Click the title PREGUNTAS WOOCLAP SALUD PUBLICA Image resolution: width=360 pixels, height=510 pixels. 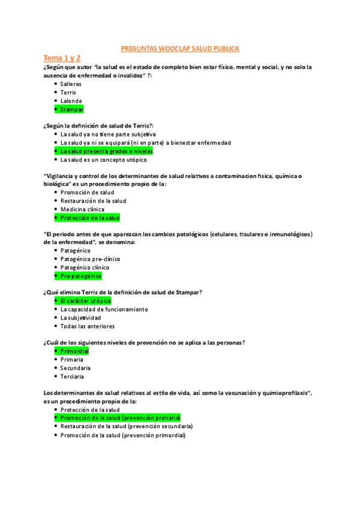coord(180,48)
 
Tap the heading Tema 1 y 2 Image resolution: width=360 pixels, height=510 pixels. coord(61,58)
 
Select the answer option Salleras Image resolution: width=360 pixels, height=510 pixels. coord(71,84)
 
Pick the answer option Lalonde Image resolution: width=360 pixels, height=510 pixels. coord(71,101)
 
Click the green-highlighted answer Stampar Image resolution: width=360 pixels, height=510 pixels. coord(72,109)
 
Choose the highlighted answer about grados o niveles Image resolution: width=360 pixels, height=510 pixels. coord(106,152)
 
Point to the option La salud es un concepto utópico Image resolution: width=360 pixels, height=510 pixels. coord(103,160)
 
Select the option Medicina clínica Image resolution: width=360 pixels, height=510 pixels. coord(82,209)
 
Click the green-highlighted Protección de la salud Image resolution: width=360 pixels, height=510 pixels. coord(90,218)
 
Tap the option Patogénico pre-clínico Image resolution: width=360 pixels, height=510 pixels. coord(88,259)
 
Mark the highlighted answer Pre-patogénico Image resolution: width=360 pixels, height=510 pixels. coord(81,275)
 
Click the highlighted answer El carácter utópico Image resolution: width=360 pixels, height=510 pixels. coord(85,301)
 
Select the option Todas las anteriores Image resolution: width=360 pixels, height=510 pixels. coord(87,326)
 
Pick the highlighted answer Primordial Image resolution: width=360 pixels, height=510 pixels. coord(75,351)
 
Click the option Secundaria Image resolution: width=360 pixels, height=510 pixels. coord(75,367)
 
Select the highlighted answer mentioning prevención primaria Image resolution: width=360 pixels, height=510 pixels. coord(120,417)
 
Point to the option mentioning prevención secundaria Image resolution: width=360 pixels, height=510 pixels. coord(126,426)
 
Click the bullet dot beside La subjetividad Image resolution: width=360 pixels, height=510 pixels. coord(55,318)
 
